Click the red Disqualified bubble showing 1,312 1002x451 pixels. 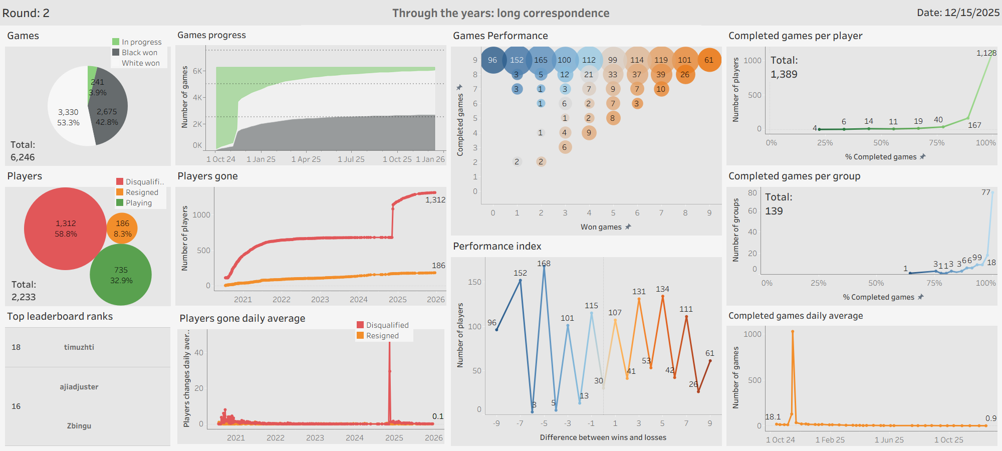coord(65,229)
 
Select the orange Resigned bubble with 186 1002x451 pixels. coord(122,229)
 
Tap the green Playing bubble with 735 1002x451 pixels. coord(121,275)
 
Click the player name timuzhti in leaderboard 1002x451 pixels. coord(79,347)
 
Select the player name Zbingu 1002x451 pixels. coord(79,426)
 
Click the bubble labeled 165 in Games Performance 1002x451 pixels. coord(541,60)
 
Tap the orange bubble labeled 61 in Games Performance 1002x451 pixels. coord(709,60)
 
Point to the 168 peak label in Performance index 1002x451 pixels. coord(544,264)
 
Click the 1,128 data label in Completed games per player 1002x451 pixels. coord(986,53)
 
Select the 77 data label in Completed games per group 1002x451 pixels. coord(986,192)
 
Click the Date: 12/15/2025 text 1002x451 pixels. coord(958,13)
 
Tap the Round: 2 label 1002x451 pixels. coord(26,13)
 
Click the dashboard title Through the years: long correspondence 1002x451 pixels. coord(500,13)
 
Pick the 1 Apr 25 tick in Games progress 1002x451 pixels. coord(306,159)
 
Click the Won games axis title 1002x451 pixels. coord(601,227)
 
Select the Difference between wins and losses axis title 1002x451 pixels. coord(603,437)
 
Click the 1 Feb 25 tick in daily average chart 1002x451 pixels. coord(830,440)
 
